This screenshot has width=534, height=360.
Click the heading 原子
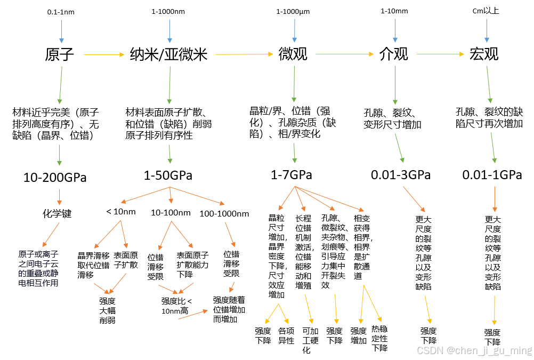coord(60,54)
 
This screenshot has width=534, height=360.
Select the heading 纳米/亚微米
coord(168,54)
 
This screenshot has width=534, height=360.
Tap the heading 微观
coord(293,54)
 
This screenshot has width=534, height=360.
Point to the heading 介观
coord(394,54)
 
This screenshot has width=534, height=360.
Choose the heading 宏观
coord(484,54)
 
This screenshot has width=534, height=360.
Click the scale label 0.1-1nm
coord(61,12)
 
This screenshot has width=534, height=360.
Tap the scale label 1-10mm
coord(394,11)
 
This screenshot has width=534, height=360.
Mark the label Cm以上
coord(486,11)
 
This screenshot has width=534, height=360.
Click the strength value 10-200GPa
coord(55,178)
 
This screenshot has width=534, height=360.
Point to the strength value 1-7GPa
coord(292,175)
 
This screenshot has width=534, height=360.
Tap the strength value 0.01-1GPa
coord(492,175)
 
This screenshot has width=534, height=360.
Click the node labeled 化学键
coord(57,214)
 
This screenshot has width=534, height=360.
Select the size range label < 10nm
coord(121,212)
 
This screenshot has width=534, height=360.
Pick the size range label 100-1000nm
coord(224,213)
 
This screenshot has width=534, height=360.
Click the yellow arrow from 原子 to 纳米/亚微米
coord(104,54)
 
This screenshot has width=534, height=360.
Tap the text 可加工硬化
coord(310,340)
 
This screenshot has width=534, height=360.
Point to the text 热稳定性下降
coord(379,338)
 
